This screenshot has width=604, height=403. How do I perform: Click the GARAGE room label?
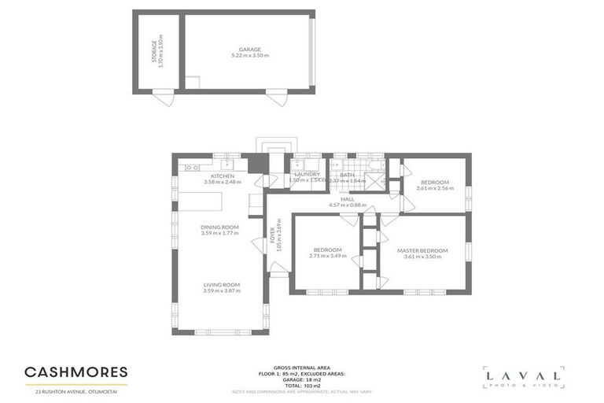(250, 49)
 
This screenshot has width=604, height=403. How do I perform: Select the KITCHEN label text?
(223, 176)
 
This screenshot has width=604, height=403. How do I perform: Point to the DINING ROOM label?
(219, 227)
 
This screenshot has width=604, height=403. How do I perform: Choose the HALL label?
(347, 199)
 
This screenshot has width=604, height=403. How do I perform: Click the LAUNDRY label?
(307, 174)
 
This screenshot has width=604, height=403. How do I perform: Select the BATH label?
(348, 174)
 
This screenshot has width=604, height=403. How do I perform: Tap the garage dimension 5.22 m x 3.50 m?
(250, 56)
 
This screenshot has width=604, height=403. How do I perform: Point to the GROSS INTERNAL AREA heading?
(302, 367)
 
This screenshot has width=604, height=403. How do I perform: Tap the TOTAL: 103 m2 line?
(302, 385)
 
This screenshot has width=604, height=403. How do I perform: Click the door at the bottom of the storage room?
(164, 101)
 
